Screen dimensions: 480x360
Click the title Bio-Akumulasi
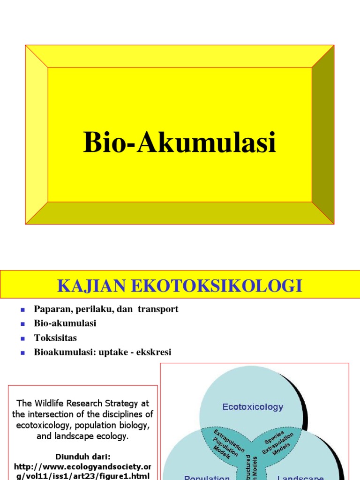coord(180,142)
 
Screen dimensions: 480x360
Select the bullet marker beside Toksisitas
coord(22,338)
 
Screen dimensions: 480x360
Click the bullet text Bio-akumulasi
coord(65,323)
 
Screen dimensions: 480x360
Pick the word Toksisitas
coord(55,338)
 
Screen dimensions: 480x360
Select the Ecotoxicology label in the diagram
coord(253,406)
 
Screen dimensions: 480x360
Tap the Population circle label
coord(207,477)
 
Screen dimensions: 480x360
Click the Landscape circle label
coord(300,477)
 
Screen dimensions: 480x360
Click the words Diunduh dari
coord(82,456)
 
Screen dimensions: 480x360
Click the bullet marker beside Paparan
coord(22,309)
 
